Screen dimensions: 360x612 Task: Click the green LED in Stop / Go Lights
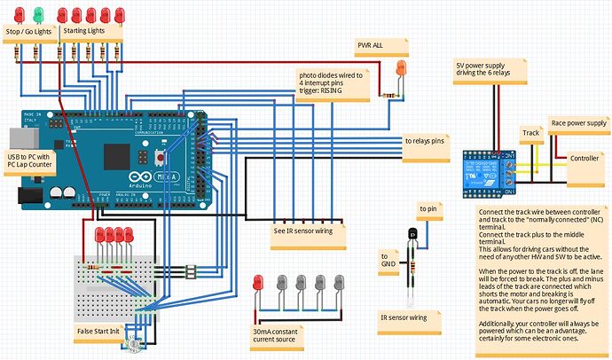tap(38, 13)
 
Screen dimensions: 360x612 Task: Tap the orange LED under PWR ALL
tap(401, 67)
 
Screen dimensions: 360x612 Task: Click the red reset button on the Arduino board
tap(159, 158)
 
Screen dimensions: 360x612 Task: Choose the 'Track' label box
tap(530, 134)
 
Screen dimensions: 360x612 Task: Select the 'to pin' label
tap(428, 209)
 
